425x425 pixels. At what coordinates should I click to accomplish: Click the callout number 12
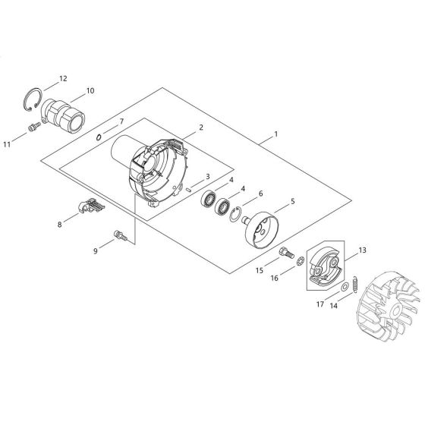point(63,78)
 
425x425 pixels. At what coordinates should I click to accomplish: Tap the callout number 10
point(90,90)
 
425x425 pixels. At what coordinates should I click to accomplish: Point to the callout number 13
point(361,250)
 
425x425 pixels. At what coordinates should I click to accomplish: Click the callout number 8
point(59,224)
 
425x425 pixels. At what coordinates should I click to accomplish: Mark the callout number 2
point(200,128)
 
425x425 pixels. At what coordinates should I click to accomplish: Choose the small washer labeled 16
point(301,263)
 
